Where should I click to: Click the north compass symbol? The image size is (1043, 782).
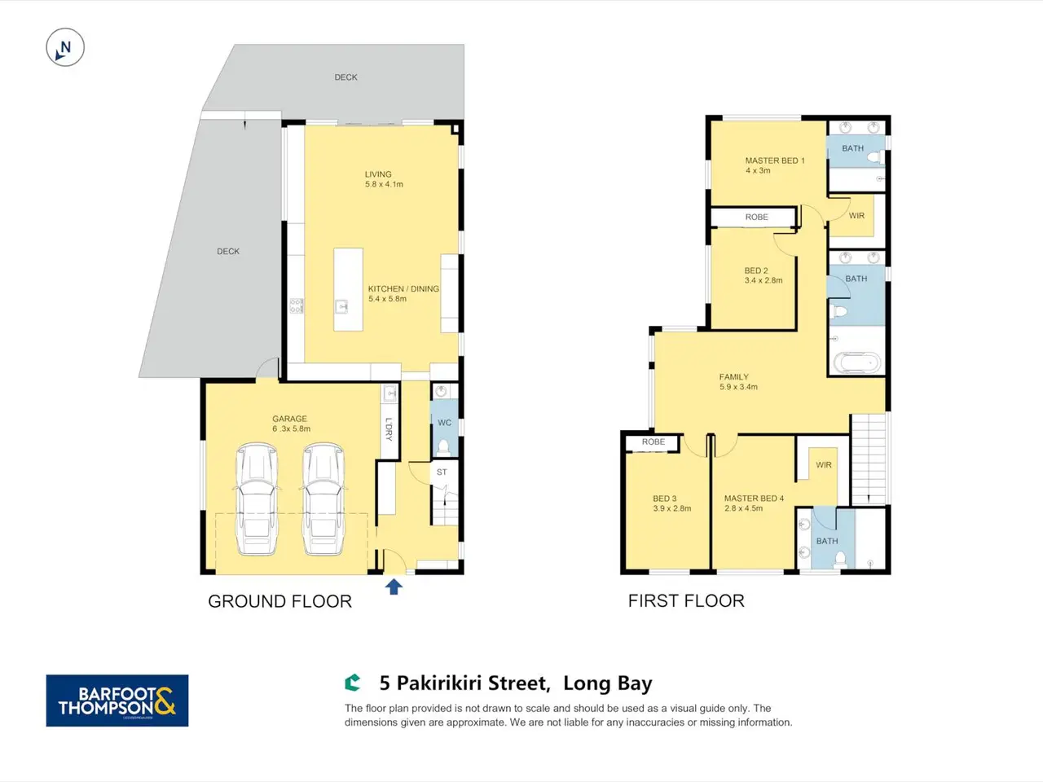pos(65,47)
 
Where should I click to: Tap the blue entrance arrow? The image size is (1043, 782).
pos(394,586)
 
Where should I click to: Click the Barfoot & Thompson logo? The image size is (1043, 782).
pos(117,701)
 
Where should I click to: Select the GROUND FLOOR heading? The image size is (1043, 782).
pos(279,602)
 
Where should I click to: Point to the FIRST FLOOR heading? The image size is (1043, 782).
pos(686,601)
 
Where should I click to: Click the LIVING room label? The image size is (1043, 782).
pos(378,174)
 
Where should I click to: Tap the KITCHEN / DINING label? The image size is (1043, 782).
pos(403,288)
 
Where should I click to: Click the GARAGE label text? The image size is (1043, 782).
pos(289,419)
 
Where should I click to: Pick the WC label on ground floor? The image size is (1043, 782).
pos(444,423)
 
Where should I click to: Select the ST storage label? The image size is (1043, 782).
pos(442,472)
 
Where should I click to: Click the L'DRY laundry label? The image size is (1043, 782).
pos(389,430)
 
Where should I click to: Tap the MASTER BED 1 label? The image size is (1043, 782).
pos(775,160)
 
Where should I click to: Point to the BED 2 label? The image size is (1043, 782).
pos(756,270)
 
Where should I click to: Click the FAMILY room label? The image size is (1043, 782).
pos(733,377)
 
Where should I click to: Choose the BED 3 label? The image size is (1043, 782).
pos(664,499)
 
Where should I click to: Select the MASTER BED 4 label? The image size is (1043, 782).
pos(754,499)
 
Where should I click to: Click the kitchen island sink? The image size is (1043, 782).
pos(341,307)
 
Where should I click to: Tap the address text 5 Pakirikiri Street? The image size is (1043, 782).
pos(464,683)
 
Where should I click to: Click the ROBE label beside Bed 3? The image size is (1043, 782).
pos(654,442)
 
